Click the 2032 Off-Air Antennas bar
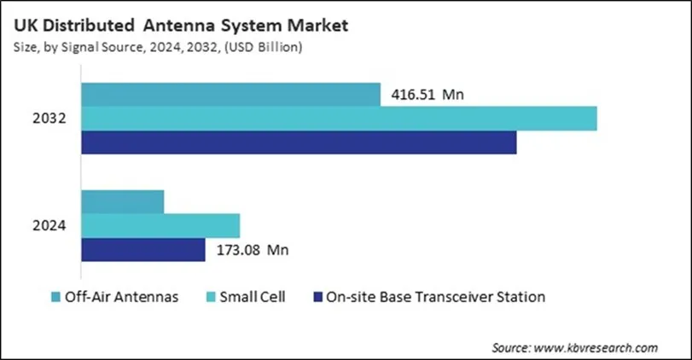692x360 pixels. pyautogui.click(x=230, y=95)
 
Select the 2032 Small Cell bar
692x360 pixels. pyautogui.click(x=339, y=119)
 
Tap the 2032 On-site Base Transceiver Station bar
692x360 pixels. pyautogui.click(x=299, y=142)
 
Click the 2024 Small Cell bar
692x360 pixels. pyautogui.click(x=160, y=226)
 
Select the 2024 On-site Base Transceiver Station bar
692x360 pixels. pyautogui.click(x=142, y=250)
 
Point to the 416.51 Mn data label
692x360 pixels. pyautogui.click(x=427, y=95)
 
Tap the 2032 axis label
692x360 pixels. pyautogui.click(x=51, y=119)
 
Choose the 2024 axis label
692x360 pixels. pyautogui.click(x=51, y=226)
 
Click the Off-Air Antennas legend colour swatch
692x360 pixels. pyautogui.click(x=56, y=298)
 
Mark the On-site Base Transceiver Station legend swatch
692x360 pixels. pyautogui.click(x=317, y=298)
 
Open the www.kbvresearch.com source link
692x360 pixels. pyautogui.click(x=594, y=347)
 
